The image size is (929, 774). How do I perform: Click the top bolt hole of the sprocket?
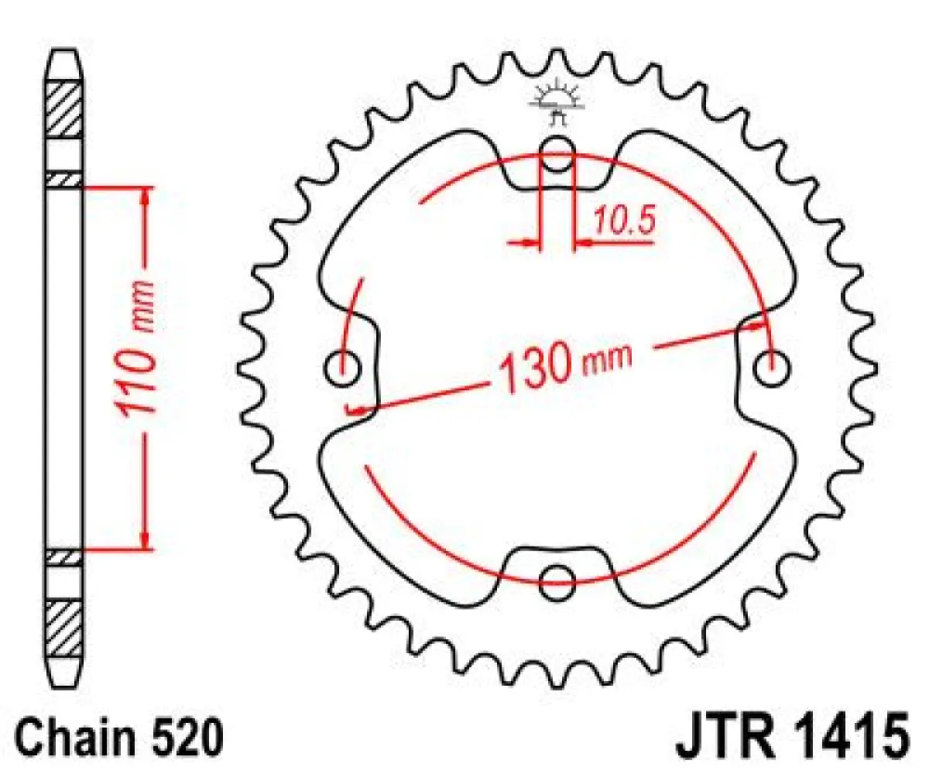[557, 152]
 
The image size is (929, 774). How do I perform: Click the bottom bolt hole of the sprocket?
[557, 581]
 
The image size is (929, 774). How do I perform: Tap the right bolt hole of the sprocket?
[772, 368]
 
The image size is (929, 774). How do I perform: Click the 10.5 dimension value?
[625, 221]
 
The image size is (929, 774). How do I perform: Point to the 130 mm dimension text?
[565, 366]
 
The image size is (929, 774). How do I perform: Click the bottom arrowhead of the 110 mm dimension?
[145, 541]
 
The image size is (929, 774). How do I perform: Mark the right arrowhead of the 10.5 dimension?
[581, 244]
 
